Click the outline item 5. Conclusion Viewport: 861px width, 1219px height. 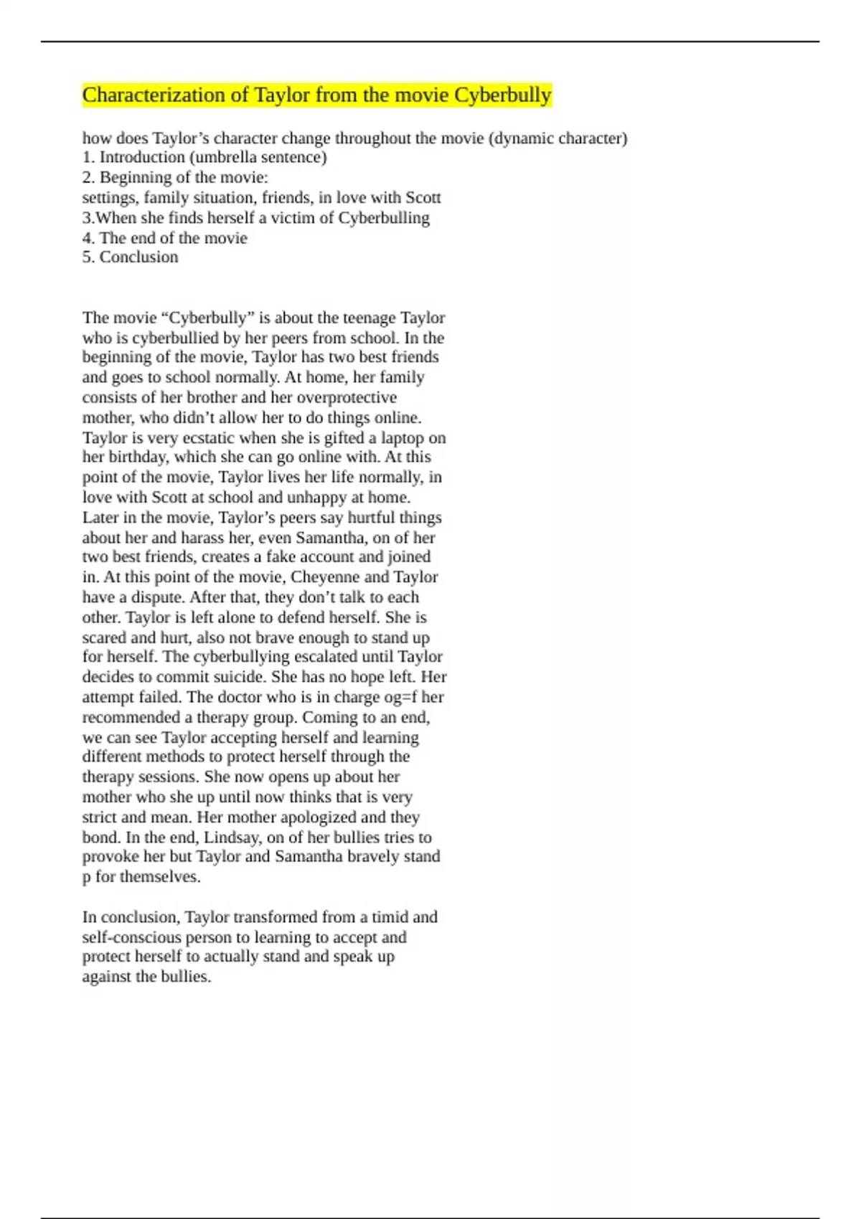click(x=130, y=257)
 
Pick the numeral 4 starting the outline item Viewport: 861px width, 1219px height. click(x=86, y=238)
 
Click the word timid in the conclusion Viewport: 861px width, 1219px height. click(x=391, y=917)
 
